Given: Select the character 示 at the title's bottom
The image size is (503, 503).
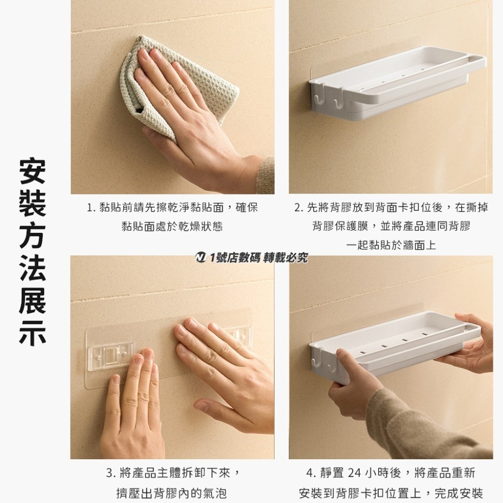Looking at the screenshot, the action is pyautogui.click(x=32, y=332).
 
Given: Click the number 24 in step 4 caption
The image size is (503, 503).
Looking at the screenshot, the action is pyautogui.click(x=354, y=472).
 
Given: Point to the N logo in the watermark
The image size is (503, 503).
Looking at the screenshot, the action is pyautogui.click(x=201, y=257).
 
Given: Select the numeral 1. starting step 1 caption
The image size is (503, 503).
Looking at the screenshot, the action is pyautogui.click(x=91, y=208).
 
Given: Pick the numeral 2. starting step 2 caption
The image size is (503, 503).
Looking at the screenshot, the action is pyautogui.click(x=299, y=208).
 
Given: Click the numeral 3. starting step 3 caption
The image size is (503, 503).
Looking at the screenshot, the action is pyautogui.click(x=111, y=473).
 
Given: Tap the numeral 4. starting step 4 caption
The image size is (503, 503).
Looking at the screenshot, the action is pyautogui.click(x=310, y=473).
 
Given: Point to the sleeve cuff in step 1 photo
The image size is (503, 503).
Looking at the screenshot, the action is pyautogui.click(x=266, y=175).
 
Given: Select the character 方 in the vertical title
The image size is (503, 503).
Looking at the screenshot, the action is pyautogui.click(x=32, y=236).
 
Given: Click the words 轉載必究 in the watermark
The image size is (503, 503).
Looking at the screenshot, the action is pyautogui.click(x=285, y=258).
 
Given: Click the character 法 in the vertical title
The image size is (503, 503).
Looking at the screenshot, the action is pyautogui.click(x=32, y=269).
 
